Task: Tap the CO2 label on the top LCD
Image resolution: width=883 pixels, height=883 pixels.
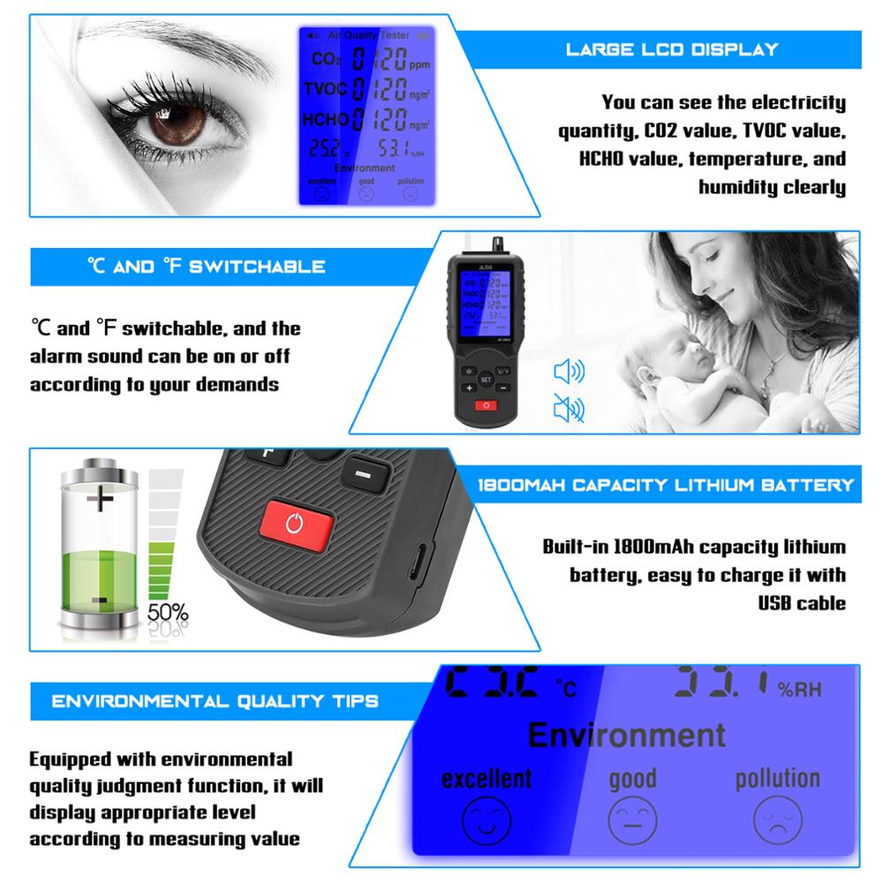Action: pyautogui.click(x=323, y=61)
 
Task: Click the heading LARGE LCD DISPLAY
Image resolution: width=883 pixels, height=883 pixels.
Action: pyautogui.click(x=672, y=49)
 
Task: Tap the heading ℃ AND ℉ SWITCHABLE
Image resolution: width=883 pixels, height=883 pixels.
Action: pyautogui.click(x=206, y=266)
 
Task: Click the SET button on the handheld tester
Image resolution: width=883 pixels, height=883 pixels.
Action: pyautogui.click(x=485, y=378)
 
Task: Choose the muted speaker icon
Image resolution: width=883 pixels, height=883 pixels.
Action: pyautogui.click(x=568, y=408)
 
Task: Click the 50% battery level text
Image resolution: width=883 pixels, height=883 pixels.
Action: pyautogui.click(x=168, y=611)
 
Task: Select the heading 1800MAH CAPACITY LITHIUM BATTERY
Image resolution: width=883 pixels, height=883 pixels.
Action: pyautogui.click(x=665, y=485)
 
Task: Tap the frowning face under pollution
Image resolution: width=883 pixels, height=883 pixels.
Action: pyautogui.click(x=778, y=820)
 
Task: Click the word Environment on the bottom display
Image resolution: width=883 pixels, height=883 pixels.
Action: pyautogui.click(x=626, y=734)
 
